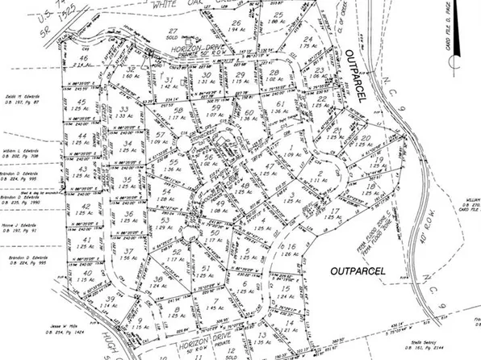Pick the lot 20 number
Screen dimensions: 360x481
click(366, 139)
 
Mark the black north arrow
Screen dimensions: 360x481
click(453, 58)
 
